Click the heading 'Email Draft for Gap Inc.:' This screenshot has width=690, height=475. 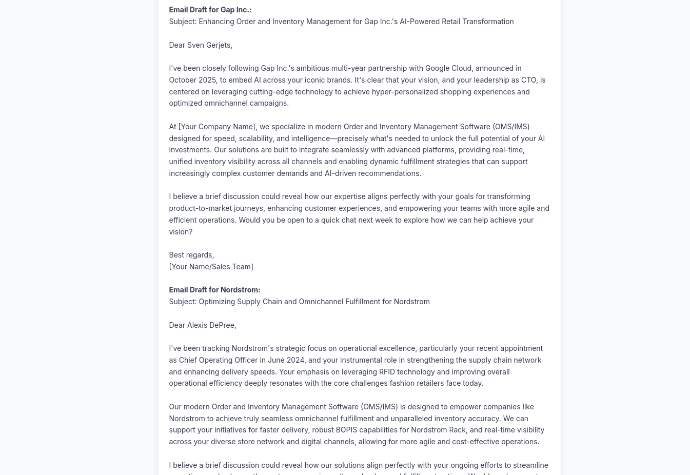pyautogui.click(x=210, y=10)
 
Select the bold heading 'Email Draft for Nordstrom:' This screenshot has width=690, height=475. pyautogui.click(x=214, y=290)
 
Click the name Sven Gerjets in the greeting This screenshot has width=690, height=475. pyautogui.click(x=209, y=45)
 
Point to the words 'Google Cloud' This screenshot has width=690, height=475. pyautogui.click(x=448, y=68)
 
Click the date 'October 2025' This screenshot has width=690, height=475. pyautogui.click(x=192, y=80)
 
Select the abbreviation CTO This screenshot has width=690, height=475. pyautogui.click(x=528, y=80)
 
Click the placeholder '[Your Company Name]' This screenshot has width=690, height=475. pyautogui.click(x=217, y=127)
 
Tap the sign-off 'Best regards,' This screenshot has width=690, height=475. pyautogui.click(x=191, y=255)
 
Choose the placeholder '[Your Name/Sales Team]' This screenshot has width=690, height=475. pyautogui.click(x=211, y=267)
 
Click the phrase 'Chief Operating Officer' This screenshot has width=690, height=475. pyautogui.click(x=218, y=360)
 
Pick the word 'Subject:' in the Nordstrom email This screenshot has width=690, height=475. pyautogui.click(x=183, y=302)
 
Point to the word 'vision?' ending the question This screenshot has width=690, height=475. pyautogui.click(x=181, y=232)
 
